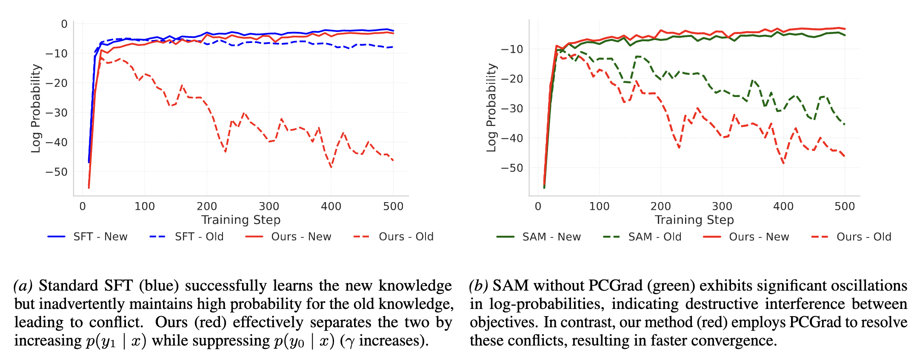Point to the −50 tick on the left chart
[x=57, y=172]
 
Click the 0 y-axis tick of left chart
[x=64, y=24]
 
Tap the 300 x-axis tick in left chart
[x=269, y=206]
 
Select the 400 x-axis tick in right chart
[x=783, y=206]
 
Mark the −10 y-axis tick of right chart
[x=512, y=49]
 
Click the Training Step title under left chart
[x=241, y=220]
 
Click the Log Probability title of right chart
[x=491, y=108]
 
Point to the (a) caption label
[x=23, y=286]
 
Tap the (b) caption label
[x=478, y=286]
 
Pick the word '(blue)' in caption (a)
[x=159, y=286]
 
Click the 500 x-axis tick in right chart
[x=845, y=206]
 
